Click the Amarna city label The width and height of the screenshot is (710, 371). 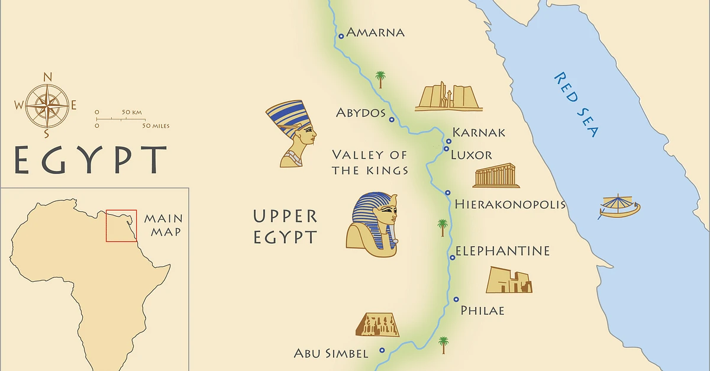[375, 32]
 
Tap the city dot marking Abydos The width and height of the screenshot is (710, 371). [392, 120]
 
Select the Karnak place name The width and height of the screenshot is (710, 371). [479, 132]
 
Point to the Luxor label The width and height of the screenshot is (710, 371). [471, 155]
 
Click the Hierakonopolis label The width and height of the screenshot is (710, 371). [510, 205]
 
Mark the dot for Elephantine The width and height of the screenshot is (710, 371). [453, 257]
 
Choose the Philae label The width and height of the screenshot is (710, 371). [482, 310]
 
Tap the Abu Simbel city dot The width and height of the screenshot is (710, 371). [382, 350]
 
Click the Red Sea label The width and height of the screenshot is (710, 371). [576, 104]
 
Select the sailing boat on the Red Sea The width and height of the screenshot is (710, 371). [619, 207]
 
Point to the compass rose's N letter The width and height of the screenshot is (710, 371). [49, 76]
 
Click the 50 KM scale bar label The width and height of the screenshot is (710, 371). [133, 112]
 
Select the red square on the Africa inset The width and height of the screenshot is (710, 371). [121, 225]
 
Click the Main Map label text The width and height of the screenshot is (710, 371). [163, 225]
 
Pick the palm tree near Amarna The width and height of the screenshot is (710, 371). [380, 79]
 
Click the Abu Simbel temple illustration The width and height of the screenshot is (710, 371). [377, 324]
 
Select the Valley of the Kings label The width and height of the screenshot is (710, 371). [370, 163]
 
